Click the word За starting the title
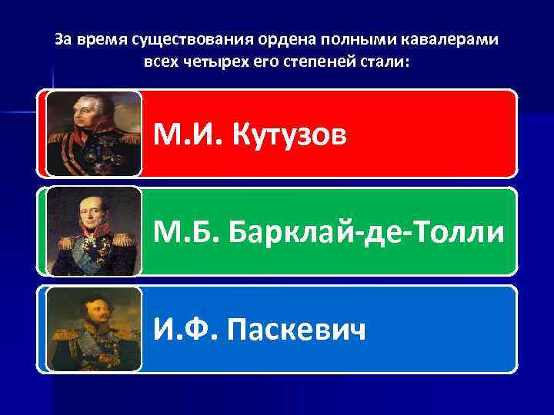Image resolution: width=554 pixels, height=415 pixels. (x=64, y=39)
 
